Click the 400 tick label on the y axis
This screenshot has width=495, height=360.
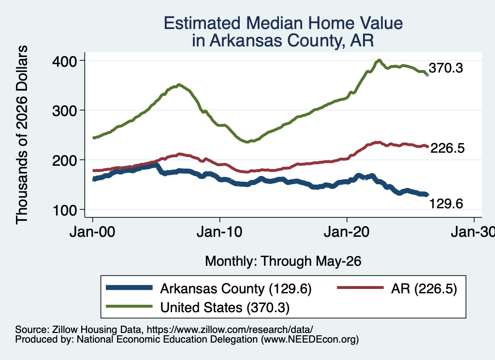(x=64, y=61)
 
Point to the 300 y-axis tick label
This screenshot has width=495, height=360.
(x=64, y=111)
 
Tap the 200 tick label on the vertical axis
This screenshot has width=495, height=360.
(x=64, y=160)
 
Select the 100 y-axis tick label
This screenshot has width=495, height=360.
(x=65, y=211)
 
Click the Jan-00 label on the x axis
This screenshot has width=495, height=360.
(x=92, y=232)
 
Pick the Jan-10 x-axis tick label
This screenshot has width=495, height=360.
(x=219, y=232)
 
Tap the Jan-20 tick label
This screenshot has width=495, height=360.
(x=347, y=232)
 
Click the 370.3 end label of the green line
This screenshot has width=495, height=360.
(x=446, y=68)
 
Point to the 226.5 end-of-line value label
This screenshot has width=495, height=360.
(x=447, y=148)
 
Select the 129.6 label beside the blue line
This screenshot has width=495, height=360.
(x=446, y=204)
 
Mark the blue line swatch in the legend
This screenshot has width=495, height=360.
(x=129, y=288)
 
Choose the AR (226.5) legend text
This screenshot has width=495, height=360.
(x=424, y=288)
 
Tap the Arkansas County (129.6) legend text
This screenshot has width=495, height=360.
(x=236, y=288)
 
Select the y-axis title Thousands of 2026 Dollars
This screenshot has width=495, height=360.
(x=22, y=135)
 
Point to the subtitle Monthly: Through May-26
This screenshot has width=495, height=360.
(x=283, y=261)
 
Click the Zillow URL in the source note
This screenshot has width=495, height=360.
(x=230, y=330)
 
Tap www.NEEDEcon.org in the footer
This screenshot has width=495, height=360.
(x=309, y=339)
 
